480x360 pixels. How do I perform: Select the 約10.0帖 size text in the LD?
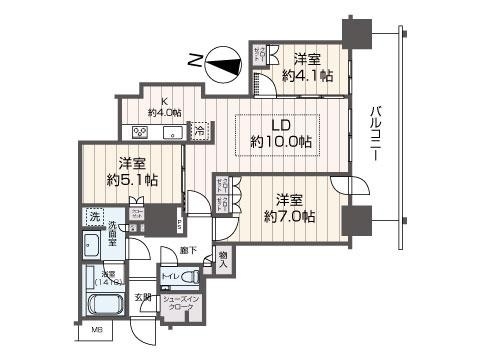tap(280, 142)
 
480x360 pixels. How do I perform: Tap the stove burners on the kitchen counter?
tap(138, 131)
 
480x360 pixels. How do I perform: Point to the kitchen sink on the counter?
tap(170, 131)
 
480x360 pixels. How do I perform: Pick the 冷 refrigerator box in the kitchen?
tap(199, 130)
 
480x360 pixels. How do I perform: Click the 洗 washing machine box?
tap(93, 216)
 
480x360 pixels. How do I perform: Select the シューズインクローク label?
tap(183, 304)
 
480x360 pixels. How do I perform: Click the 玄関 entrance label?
tap(146, 296)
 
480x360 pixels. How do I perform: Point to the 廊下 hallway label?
tap(188, 251)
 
